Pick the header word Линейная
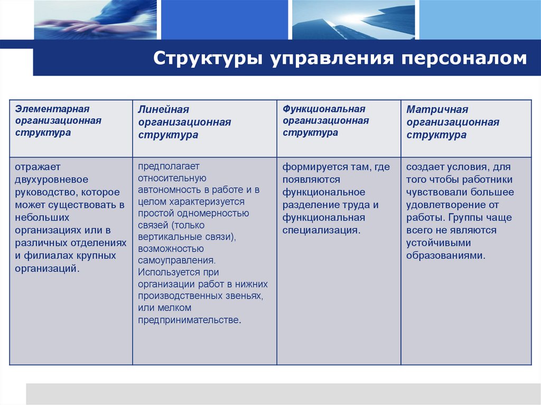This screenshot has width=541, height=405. pyautogui.click(x=163, y=109)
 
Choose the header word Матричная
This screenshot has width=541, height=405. pyautogui.click(x=437, y=109)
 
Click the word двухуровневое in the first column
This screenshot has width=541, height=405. pyautogui.click(x=51, y=180)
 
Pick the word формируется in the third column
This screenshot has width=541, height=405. pyautogui.click(x=309, y=167)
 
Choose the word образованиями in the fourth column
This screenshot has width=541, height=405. pyautogui.click(x=445, y=256)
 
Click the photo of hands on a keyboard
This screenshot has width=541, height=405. pyautogui.click(x=96, y=20)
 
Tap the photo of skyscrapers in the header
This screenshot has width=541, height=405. pyautogui.click(x=353, y=20)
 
